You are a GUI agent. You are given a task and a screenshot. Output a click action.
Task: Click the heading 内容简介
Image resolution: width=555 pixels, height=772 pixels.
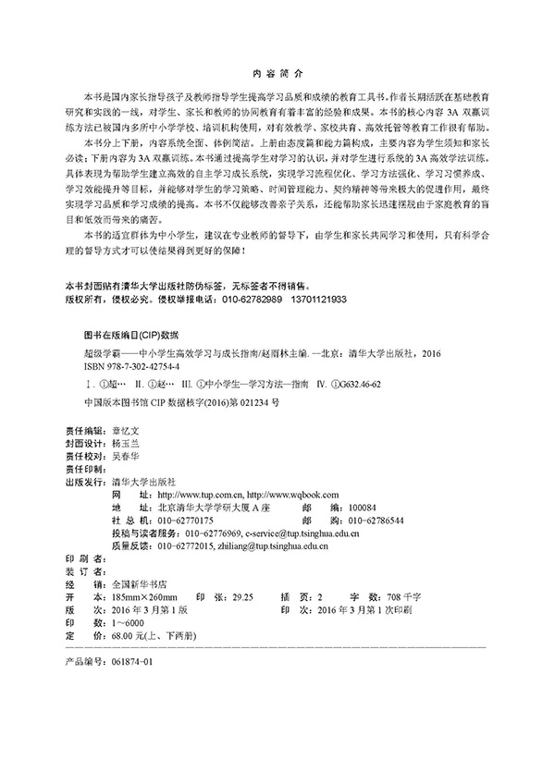tap(277, 73)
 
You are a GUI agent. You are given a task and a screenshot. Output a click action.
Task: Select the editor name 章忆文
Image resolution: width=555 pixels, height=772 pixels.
tap(126, 431)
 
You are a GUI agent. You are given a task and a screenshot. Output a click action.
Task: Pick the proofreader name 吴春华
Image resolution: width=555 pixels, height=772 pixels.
tap(126, 456)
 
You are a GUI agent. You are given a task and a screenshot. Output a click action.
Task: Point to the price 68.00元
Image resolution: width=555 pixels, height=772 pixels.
tap(124, 636)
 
